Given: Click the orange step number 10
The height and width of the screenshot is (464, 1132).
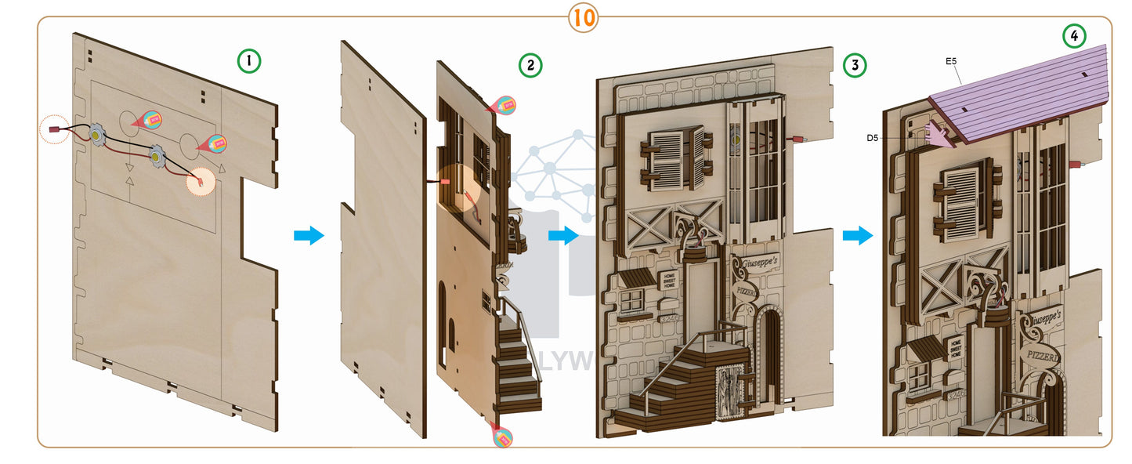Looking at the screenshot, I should tap(584, 17).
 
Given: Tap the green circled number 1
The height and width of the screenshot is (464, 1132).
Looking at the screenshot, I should tap(249, 60).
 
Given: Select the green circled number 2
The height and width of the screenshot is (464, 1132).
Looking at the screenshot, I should tap(530, 66).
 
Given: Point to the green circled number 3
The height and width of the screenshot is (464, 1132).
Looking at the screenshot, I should tap(855, 66).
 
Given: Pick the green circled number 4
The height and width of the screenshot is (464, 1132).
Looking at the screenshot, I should tap(1074, 36).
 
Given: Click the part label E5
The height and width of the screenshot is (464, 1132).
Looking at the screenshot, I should tap(952, 60).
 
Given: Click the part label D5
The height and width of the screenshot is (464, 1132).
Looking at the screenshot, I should tap(873, 138).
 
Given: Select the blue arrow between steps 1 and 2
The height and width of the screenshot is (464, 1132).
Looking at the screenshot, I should tap(309, 235).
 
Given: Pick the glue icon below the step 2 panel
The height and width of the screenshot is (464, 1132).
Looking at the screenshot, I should tap(503, 436).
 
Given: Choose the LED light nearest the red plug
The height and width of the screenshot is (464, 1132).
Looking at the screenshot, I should tap(97, 136).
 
